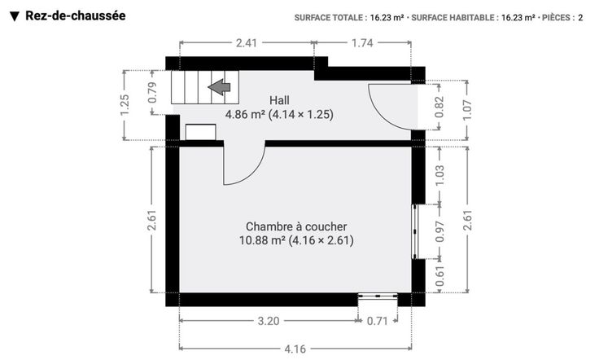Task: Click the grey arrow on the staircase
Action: click(x=219, y=87)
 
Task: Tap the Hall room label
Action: click(x=279, y=100)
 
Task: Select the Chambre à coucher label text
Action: click(x=296, y=226)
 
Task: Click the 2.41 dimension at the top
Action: click(x=247, y=43)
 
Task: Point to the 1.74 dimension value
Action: click(x=362, y=43)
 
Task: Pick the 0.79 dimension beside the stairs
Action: click(x=152, y=93)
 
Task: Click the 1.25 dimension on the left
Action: click(x=125, y=105)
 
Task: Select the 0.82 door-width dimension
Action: click(x=439, y=107)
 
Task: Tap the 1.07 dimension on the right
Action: click(x=467, y=110)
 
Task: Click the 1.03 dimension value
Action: click(x=439, y=175)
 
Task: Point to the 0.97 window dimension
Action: click(x=439, y=231)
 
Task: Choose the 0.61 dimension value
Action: click(x=439, y=276)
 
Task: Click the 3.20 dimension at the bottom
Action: click(x=269, y=321)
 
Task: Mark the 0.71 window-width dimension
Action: click(x=378, y=321)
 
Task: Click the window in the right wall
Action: click(x=415, y=231)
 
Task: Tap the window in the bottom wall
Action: click(x=378, y=296)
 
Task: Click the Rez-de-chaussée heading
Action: click(x=76, y=15)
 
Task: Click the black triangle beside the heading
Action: click(x=15, y=16)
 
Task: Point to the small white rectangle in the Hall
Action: click(x=200, y=132)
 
